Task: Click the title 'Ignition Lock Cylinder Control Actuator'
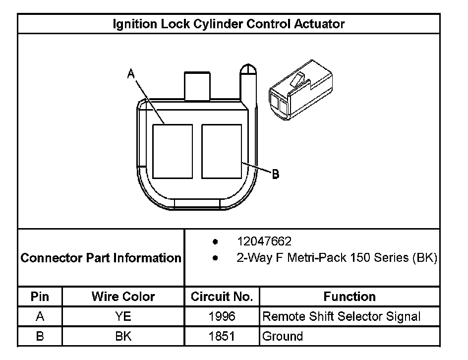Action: click(229, 24)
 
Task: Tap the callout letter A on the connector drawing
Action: click(131, 74)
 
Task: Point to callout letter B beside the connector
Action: click(276, 174)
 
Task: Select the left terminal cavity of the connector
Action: click(172, 151)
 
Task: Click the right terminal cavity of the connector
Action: click(222, 151)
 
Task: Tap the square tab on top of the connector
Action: click(198, 86)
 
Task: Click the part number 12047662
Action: click(264, 241)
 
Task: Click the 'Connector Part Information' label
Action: click(101, 258)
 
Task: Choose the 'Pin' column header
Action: click(40, 297)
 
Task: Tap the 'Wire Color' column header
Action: click(123, 297)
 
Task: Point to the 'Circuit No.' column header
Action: click(222, 297)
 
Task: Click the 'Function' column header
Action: click(350, 297)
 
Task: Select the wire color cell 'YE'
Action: click(123, 316)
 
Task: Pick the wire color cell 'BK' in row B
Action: click(123, 336)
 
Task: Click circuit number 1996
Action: click(222, 316)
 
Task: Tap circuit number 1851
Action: click(222, 336)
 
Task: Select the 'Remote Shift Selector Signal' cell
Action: click(341, 316)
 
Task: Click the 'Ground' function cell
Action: click(283, 336)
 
